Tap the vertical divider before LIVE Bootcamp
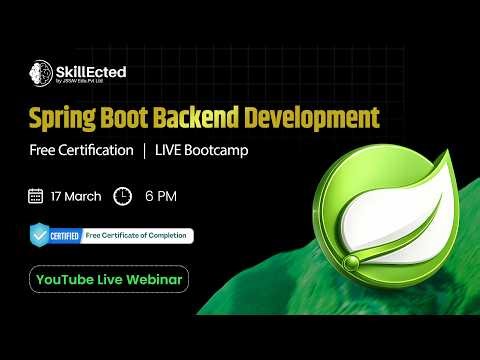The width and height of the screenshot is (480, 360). (144, 150)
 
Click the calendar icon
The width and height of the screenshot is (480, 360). (36, 195)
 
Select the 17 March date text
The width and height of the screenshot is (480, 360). (76, 195)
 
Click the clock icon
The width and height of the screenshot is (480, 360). (123, 195)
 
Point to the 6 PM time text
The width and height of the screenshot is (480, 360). (160, 195)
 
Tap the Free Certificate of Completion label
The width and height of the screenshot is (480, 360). (138, 236)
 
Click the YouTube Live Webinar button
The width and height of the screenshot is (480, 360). (108, 279)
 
